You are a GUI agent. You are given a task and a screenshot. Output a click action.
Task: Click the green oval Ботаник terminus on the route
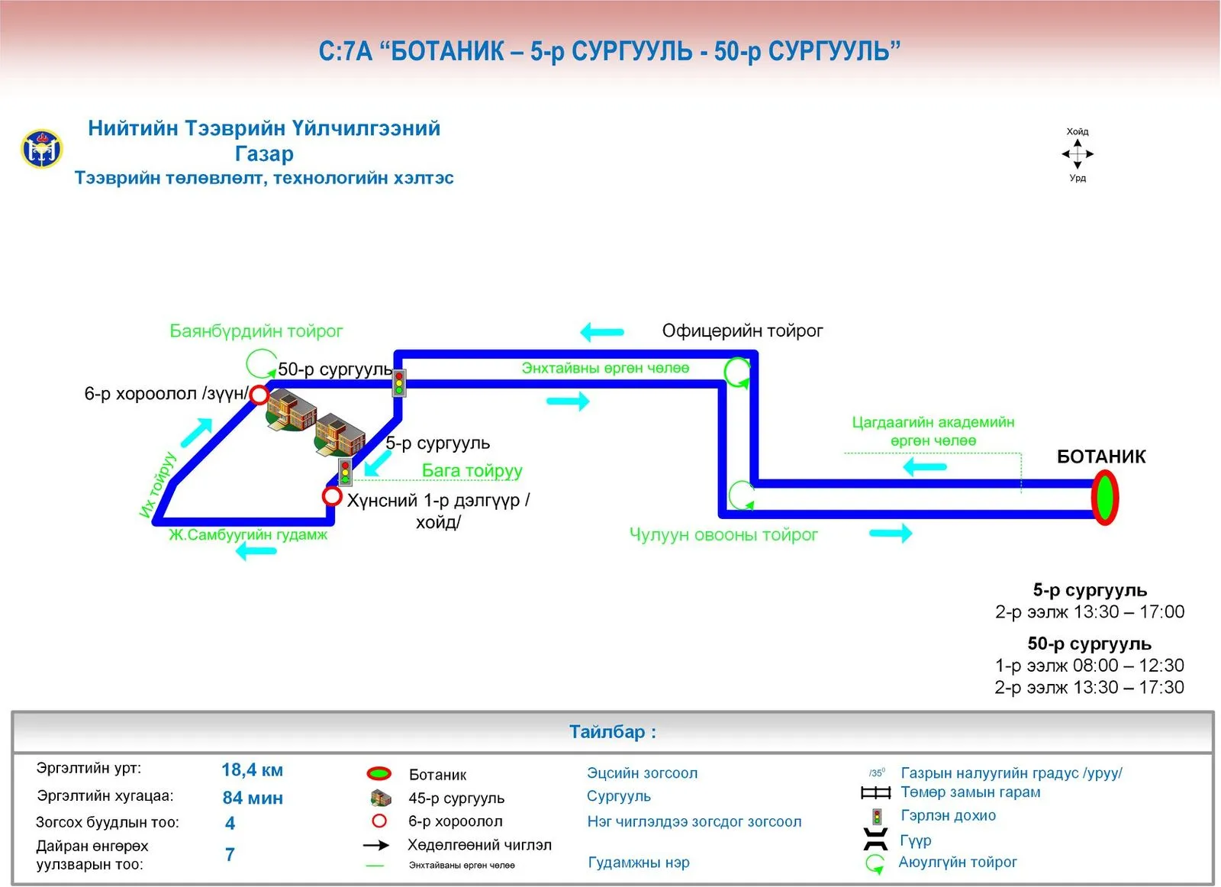pyautogui.click(x=1104, y=498)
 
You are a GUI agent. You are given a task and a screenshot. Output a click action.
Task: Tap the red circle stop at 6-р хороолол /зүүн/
pyautogui.click(x=259, y=395)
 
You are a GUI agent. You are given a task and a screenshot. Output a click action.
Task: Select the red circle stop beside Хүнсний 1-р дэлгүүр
pyautogui.click(x=332, y=497)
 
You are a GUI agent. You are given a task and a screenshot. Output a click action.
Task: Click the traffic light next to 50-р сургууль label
pyautogui.click(x=400, y=382)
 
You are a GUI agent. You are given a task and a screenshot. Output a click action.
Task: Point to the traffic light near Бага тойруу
pyautogui.click(x=345, y=472)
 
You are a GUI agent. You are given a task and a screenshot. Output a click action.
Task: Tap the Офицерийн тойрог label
pyautogui.click(x=743, y=331)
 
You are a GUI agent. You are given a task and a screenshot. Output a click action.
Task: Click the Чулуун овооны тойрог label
pyautogui.click(x=723, y=534)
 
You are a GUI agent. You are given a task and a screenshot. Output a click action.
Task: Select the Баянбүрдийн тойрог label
pyautogui.click(x=256, y=331)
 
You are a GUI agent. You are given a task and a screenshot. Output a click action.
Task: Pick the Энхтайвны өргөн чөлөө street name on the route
pyautogui.click(x=605, y=368)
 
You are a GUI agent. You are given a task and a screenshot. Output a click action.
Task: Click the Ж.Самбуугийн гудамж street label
pyautogui.click(x=248, y=534)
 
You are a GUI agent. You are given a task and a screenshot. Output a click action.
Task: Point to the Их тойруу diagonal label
pyautogui.click(x=157, y=485)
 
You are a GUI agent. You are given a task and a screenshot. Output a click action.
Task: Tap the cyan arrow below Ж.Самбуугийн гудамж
pyautogui.click(x=256, y=551)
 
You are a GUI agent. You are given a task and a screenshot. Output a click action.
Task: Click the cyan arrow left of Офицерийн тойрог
pyautogui.click(x=602, y=331)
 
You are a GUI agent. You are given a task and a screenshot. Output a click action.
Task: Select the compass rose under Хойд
pyautogui.click(x=1078, y=154)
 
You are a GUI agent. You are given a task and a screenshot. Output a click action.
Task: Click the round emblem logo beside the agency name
pyautogui.click(x=42, y=149)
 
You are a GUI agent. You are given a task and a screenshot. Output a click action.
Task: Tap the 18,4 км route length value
pyautogui.click(x=253, y=769)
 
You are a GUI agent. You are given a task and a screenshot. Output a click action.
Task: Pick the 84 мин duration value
pyautogui.click(x=253, y=798)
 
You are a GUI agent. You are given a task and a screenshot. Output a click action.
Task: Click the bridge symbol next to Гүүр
pyautogui.click(x=875, y=840)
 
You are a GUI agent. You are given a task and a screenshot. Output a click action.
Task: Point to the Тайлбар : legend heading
pyautogui.click(x=613, y=731)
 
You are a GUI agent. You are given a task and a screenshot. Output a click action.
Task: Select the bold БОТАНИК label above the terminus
pyautogui.click(x=1101, y=456)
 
